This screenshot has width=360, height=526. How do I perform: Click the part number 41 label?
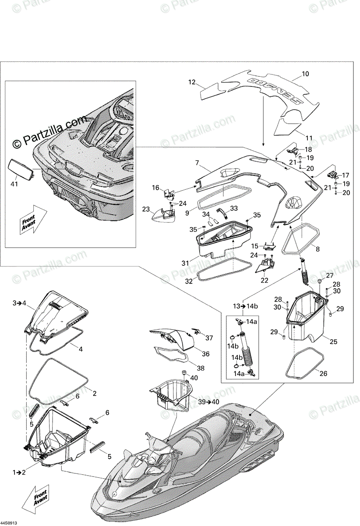pos(14,184)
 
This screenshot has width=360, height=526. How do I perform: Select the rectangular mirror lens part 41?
pos(21,169)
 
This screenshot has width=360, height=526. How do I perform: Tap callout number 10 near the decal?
pos(306,74)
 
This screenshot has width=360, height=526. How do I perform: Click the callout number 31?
pos(185,263)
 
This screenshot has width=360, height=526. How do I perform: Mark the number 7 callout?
pos(198,163)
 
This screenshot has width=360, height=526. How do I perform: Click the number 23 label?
pos(146,209)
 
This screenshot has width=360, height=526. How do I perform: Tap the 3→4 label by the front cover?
pos(20,303)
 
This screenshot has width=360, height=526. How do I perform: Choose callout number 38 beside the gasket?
pos(201,369)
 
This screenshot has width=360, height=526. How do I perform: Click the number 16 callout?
pos(156,188)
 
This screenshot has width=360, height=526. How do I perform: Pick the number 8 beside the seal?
pos(318,249)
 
